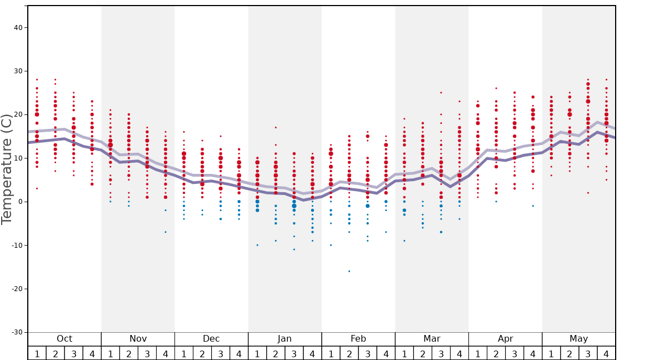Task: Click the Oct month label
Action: coord(64,339)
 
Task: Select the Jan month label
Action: coord(284,339)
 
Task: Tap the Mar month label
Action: coord(432,339)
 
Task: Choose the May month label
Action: coord(578,339)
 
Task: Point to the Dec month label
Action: coord(211,339)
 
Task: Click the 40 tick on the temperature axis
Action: coord(17,28)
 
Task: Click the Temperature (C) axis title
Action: coord(7,169)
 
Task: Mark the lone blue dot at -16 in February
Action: coord(349,271)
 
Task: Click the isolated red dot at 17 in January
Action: coord(276,128)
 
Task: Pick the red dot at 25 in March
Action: coord(441,93)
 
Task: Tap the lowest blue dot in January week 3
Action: coord(294,249)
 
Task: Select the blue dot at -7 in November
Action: coord(166,232)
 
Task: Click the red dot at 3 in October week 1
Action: coord(37,188)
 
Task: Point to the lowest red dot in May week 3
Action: coord(588,193)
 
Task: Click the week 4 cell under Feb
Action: coord(386,353)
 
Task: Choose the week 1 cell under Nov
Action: coord(111,353)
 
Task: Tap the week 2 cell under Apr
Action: coord(496,353)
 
